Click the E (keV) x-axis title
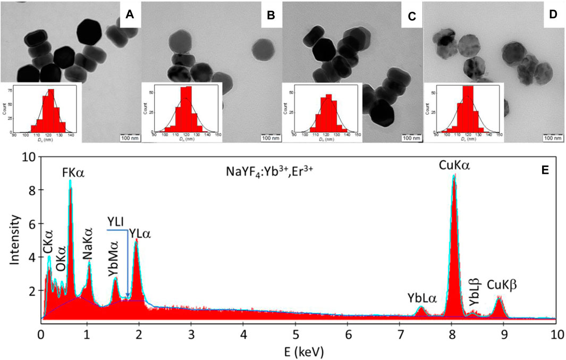[299, 351]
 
